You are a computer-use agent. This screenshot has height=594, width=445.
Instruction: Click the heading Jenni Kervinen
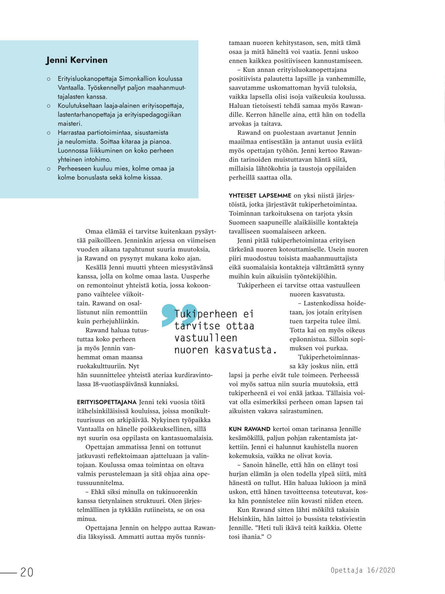click(x=77, y=60)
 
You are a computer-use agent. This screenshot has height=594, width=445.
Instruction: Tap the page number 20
click(x=27, y=572)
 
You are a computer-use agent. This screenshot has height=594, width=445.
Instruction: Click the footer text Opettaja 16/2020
click(x=363, y=570)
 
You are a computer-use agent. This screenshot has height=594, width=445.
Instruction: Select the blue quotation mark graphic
click(x=179, y=315)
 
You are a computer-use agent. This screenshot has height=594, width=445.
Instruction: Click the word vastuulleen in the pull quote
click(x=206, y=338)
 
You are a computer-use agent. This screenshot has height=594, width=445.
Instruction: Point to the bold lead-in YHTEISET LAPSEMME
click(x=260, y=195)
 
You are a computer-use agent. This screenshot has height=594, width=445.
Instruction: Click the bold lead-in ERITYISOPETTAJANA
click(x=107, y=402)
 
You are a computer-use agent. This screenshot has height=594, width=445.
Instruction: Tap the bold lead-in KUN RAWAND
click(x=249, y=429)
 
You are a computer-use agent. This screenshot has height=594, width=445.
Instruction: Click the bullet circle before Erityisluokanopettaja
click(x=49, y=79)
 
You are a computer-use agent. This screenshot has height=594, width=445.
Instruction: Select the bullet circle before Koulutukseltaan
click(x=49, y=106)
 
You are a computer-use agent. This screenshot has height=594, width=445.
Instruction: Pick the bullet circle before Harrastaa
click(x=49, y=133)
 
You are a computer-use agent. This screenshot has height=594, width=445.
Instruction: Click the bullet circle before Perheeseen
click(x=49, y=169)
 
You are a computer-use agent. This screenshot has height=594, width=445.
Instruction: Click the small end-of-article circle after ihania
click(x=269, y=537)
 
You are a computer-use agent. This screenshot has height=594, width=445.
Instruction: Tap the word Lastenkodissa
click(x=328, y=303)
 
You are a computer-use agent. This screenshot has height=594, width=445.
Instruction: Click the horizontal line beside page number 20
click(x=8, y=572)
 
